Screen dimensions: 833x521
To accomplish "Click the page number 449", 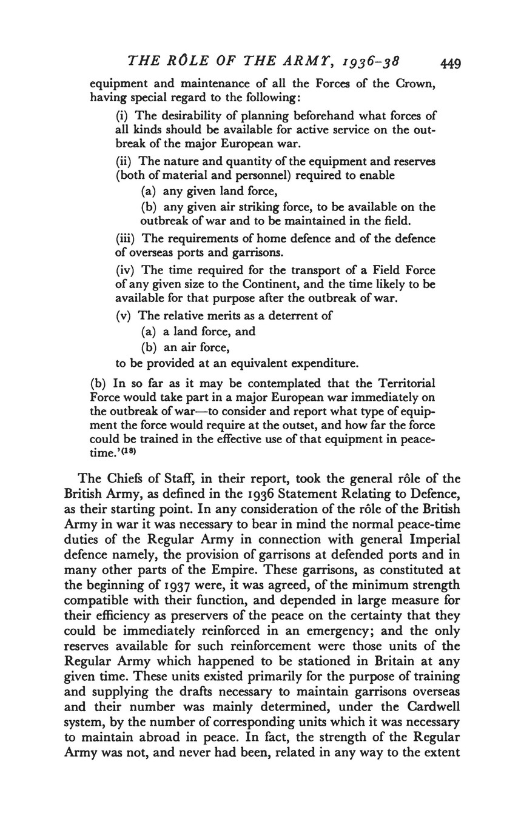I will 451,62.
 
